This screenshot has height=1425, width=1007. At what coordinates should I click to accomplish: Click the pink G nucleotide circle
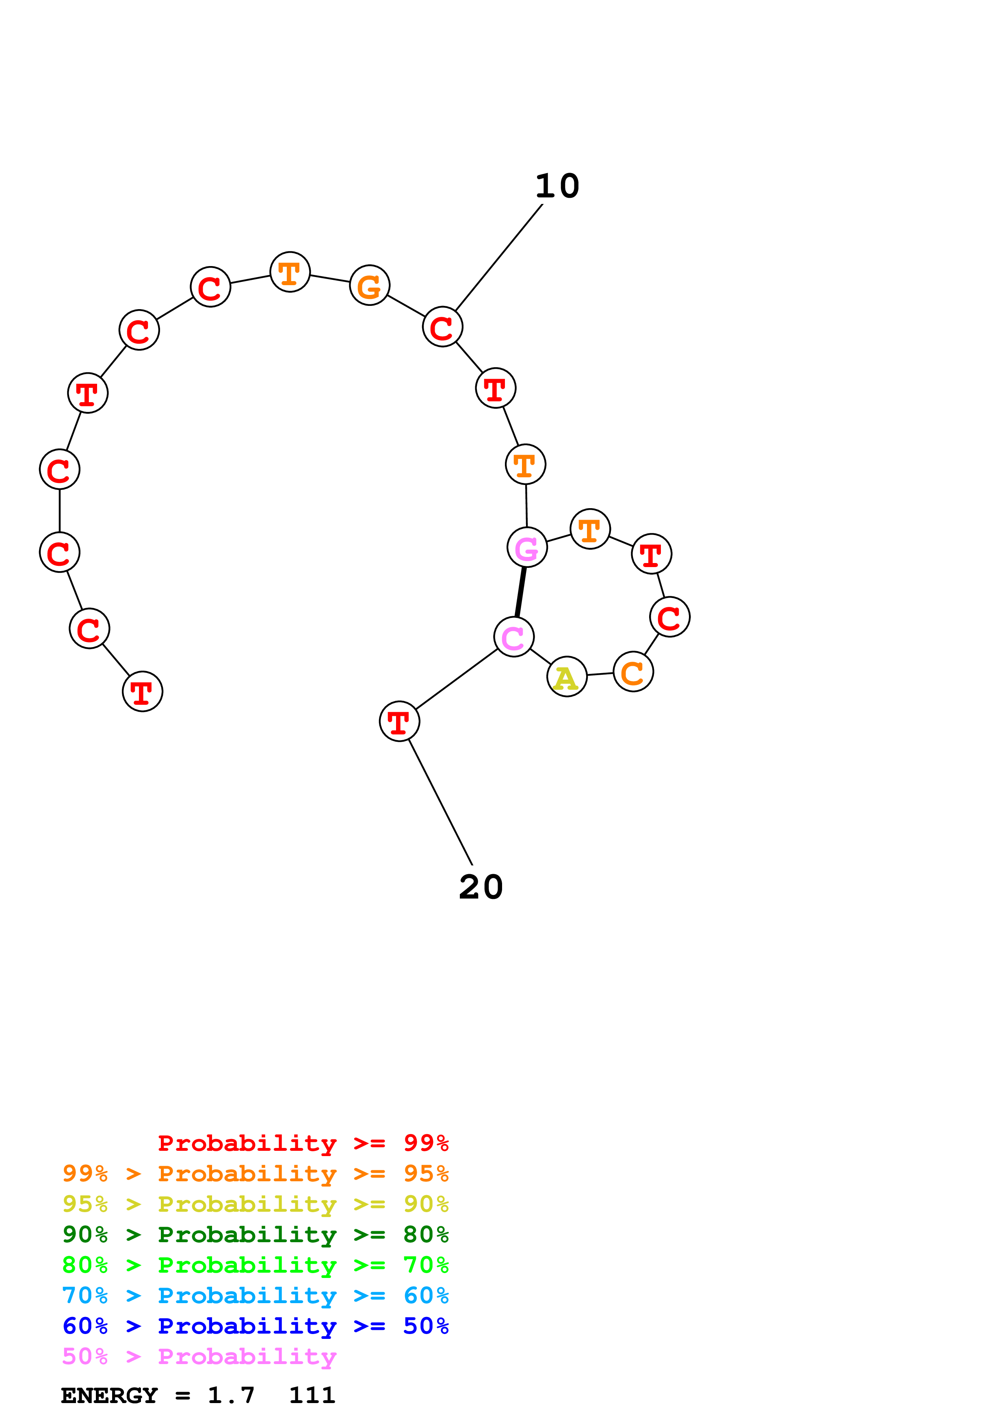pos(527,548)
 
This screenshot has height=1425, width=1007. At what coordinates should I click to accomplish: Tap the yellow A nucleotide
pos(567,676)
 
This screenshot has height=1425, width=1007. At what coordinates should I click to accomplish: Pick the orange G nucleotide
pos(370,286)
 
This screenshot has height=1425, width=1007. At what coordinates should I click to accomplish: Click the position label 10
pos(557,186)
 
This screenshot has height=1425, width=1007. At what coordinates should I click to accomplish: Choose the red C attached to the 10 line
pos(442,327)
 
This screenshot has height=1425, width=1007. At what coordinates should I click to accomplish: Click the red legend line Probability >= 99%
pos(303,1143)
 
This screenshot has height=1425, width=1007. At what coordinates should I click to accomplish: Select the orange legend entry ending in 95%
pos(255,1174)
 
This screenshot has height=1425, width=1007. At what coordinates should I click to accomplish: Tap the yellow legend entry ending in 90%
pos(255,1204)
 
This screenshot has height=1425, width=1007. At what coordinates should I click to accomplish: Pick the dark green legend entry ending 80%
pos(255,1234)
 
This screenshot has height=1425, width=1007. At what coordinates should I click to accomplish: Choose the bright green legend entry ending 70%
pos(255,1265)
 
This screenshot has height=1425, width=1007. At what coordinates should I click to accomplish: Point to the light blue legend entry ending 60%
pos(255,1295)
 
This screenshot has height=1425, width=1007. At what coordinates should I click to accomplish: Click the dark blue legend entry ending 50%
pos(255,1326)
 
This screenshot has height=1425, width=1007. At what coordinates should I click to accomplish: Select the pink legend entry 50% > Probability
pos(199,1356)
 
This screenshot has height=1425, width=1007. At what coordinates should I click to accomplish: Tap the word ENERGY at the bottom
pos(109,1396)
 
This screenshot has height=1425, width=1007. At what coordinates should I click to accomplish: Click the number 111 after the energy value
pos(312,1396)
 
